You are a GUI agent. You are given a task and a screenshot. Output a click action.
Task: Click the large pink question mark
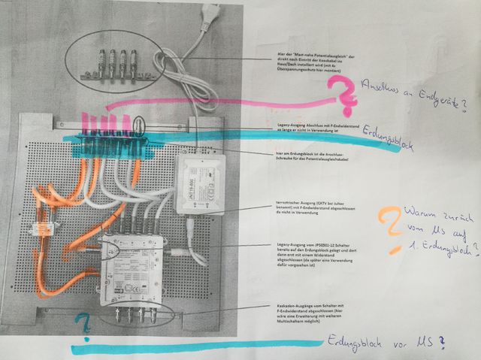pyautogui.click(x=343, y=95)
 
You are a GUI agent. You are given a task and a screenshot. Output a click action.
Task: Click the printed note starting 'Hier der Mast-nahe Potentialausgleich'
pyautogui.click(x=316, y=62)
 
